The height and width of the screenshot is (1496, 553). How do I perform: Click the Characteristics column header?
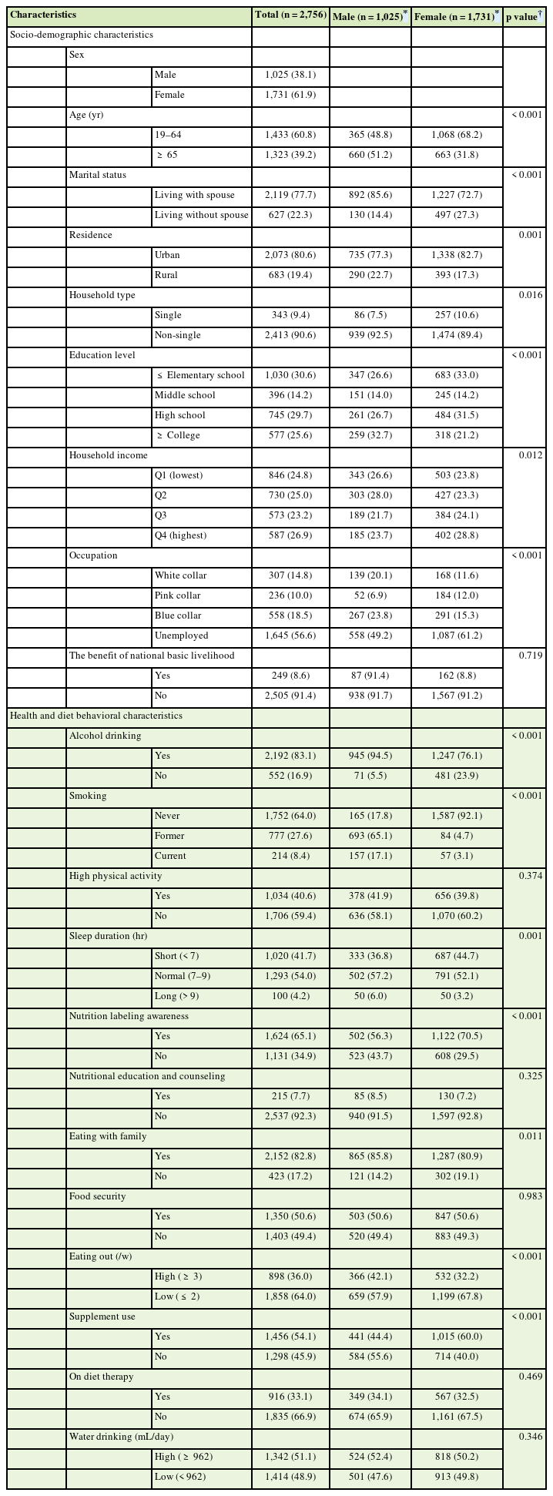click(43, 15)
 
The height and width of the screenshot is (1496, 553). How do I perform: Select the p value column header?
click(523, 15)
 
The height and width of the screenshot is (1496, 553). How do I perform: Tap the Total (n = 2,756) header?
click(290, 15)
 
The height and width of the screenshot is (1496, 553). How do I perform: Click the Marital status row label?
click(98, 175)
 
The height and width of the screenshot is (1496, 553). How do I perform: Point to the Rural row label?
click(166, 275)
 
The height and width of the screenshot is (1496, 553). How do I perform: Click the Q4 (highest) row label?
click(180, 535)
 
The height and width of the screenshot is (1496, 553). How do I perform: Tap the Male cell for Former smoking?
click(370, 836)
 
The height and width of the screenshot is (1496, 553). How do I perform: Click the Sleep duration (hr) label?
click(108, 936)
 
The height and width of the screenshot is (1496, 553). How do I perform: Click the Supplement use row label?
click(102, 1317)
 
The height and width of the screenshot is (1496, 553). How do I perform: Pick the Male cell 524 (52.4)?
click(370, 1457)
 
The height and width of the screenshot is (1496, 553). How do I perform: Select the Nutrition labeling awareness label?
click(129, 1016)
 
